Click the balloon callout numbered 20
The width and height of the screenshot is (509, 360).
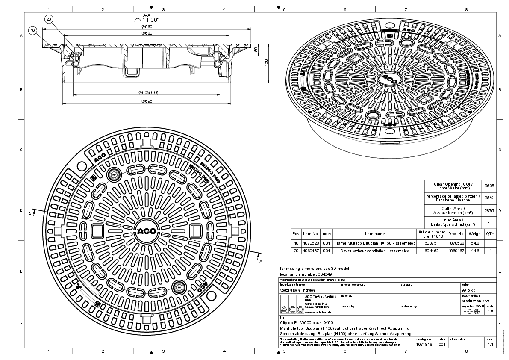[x=49, y=19]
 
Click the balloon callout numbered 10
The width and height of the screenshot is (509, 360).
[x=33, y=30]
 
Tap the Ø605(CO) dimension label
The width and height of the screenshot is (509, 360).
[x=148, y=92]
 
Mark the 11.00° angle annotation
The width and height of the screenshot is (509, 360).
[x=151, y=19]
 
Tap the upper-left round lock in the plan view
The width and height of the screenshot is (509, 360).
[x=114, y=174]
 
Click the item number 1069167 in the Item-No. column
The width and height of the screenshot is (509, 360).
[x=311, y=251]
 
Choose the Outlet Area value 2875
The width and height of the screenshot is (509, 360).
[x=489, y=211]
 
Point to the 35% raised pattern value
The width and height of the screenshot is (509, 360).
[x=489, y=198]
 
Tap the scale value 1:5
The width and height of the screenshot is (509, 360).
[x=491, y=312]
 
